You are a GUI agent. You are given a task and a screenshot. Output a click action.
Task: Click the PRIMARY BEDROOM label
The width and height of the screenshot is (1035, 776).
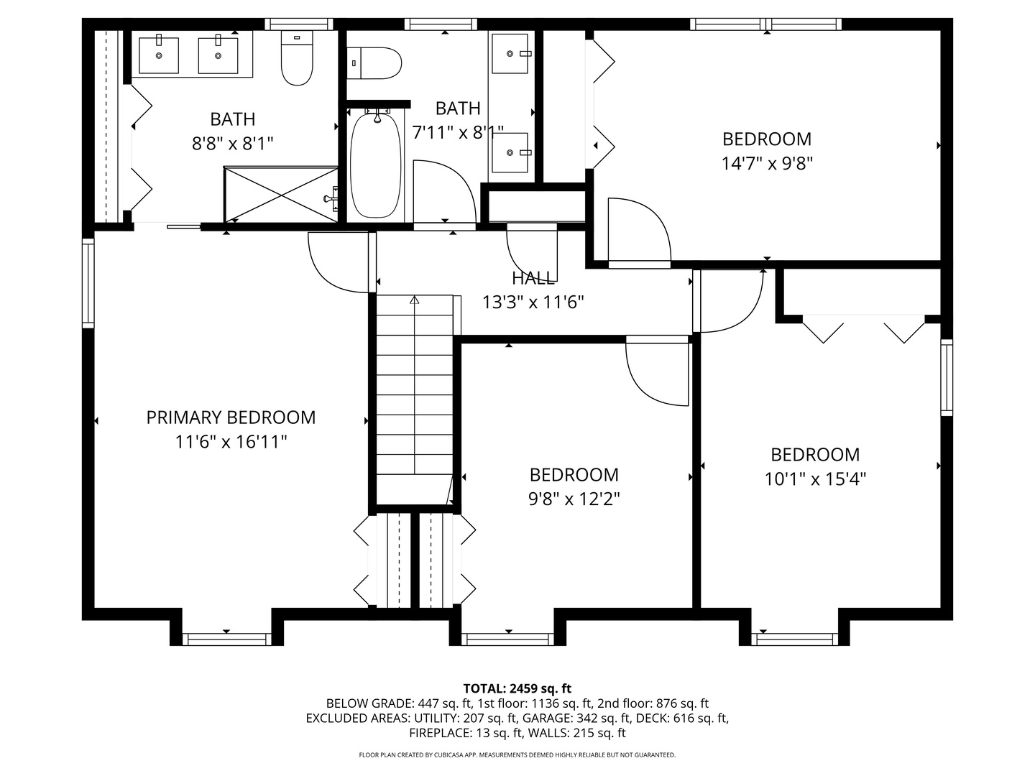point(231,417)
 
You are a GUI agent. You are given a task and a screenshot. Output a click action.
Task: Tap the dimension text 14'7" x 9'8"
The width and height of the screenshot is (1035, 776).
point(767,164)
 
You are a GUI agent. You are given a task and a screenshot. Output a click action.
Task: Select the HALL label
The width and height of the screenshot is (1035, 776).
point(533,278)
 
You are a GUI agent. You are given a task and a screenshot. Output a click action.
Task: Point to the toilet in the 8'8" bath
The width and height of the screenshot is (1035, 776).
point(297,59)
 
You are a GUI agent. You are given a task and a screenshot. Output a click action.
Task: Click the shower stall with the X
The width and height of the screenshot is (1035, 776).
point(281,194)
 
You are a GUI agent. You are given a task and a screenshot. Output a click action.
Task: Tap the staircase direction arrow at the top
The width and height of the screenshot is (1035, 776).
point(414,300)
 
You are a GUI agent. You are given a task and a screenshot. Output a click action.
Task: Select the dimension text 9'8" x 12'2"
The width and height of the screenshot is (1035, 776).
point(574,499)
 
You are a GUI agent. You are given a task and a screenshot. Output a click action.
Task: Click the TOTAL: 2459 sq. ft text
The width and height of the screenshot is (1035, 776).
point(517,688)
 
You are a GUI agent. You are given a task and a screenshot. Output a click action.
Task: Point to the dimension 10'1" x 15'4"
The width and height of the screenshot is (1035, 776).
point(815,479)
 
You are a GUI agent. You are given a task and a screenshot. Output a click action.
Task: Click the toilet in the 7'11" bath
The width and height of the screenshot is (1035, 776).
point(374,63)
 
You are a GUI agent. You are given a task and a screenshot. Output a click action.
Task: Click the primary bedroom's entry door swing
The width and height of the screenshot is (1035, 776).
point(336,262)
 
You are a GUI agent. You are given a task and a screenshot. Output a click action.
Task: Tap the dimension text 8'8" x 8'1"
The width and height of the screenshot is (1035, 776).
point(233,144)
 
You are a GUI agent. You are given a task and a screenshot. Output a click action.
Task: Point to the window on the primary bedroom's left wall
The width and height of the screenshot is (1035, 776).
point(88,283)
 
